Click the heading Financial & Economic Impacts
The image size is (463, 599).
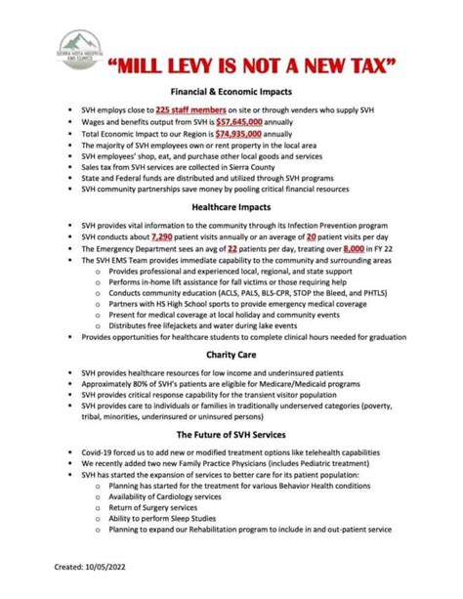(231, 90)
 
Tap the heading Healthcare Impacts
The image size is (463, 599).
(231, 207)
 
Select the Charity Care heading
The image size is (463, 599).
(231, 354)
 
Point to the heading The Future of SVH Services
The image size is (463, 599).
(231, 433)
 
